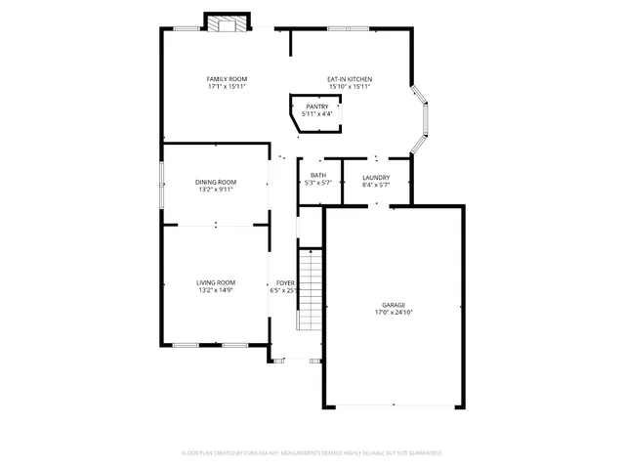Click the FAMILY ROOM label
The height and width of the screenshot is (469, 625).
coord(226,78)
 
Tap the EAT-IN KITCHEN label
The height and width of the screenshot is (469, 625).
coord(349,78)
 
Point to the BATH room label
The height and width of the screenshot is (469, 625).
coord(318,175)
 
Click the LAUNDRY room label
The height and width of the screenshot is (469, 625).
coord(376,175)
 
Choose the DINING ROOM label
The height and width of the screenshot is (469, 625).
coord(215,182)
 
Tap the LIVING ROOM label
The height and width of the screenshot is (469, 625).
coord(215,281)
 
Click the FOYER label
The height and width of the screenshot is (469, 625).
coord(284,281)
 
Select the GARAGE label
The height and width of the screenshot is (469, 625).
coord(394,304)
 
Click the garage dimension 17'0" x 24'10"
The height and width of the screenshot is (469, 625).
coord(394,313)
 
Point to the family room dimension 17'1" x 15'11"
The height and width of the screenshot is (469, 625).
coord(226,87)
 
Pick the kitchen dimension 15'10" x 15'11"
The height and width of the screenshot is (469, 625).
coord(349,87)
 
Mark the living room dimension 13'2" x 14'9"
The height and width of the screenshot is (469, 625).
coord(215,290)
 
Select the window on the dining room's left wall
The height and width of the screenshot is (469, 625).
coord(162,185)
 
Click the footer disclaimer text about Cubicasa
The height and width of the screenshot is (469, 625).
coord(312,452)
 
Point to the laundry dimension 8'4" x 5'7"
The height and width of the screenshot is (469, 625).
coord(376,184)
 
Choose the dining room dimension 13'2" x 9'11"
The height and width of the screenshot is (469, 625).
coord(215,191)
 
